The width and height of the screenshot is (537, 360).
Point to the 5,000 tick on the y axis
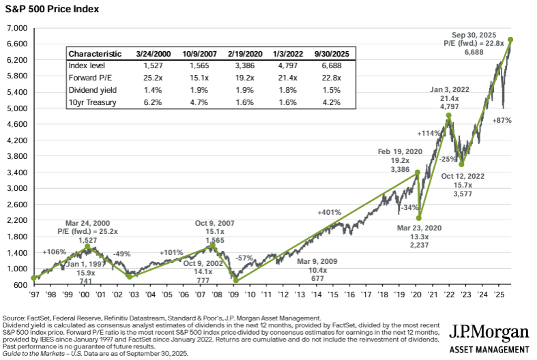point(16,108)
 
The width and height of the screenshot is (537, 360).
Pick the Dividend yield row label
point(93,90)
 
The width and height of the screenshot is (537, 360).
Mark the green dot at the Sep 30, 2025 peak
point(510,39)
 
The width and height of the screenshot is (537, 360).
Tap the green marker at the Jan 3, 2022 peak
point(448,116)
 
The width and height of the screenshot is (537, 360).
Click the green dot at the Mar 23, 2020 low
point(419,218)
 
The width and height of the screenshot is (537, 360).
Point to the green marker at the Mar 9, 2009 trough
point(236,280)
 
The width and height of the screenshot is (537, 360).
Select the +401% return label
point(328,212)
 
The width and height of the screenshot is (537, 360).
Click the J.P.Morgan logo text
point(489,332)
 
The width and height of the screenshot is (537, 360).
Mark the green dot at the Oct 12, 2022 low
point(462,164)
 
